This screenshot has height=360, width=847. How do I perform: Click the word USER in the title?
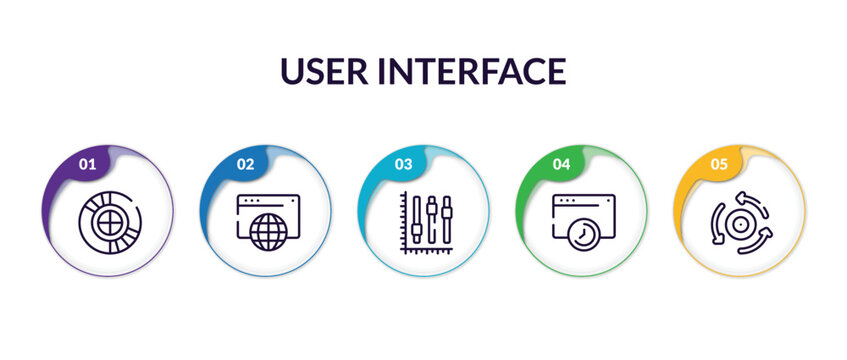tap(333, 71)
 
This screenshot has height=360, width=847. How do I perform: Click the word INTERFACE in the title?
tap(480, 71)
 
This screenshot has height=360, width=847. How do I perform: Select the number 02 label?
tap(244, 164)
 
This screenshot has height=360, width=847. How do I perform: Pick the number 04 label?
tap(561, 164)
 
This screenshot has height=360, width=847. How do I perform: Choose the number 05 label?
tap(719, 164)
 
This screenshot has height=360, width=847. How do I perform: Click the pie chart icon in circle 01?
tap(107, 221)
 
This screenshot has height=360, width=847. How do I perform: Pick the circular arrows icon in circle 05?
tap(741, 222)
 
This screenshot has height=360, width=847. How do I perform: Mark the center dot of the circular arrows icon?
tap(741, 222)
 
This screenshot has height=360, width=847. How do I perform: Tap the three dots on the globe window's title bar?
tap(252, 200)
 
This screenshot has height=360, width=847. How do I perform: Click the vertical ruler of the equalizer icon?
tap(403, 217)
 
